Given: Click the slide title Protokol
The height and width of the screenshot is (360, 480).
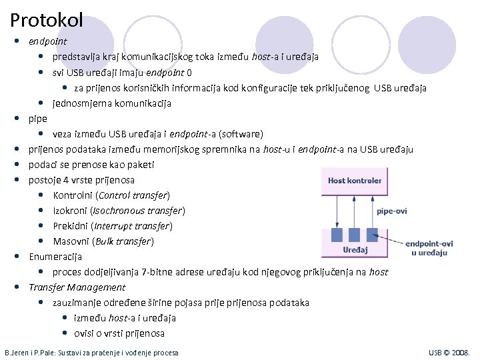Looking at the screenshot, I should coord(47,20).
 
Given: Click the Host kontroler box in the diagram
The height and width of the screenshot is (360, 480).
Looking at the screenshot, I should coord(355,180).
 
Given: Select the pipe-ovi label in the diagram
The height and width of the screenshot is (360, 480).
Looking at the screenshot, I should coord(391,211).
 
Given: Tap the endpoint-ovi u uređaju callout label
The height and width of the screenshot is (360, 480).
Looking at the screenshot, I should coord(429,248).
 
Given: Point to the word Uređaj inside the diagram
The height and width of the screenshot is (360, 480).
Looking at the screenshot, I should coord(355,250).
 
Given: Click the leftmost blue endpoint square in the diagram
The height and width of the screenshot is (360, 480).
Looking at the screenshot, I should coord(336,235).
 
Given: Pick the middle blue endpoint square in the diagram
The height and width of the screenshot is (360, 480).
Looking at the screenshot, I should coord(355,235).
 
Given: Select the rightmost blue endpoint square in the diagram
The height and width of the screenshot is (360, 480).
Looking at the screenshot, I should coord(373,235).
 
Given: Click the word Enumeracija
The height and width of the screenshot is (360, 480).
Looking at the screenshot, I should coord(55,257).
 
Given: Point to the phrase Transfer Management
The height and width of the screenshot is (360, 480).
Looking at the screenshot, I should coord(77,287).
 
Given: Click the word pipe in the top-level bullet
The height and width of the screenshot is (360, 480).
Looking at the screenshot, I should coord(38,119).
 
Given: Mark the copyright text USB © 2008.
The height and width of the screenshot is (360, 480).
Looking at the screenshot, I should coord(449,352).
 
